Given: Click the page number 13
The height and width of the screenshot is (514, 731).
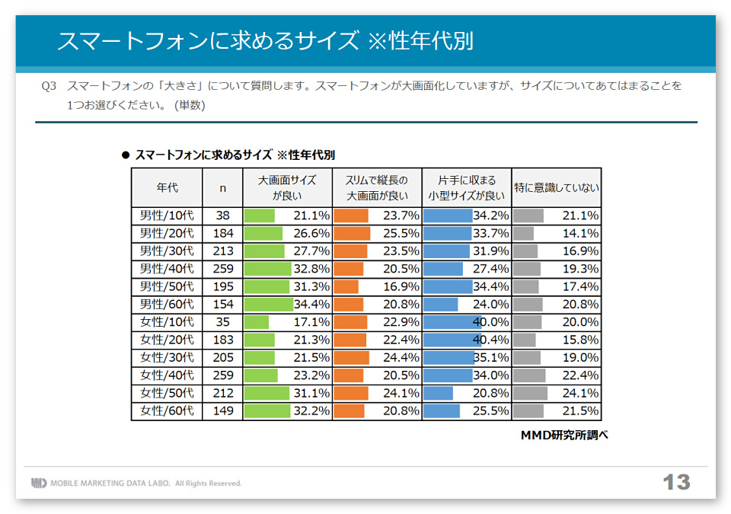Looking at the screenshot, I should point(675,482).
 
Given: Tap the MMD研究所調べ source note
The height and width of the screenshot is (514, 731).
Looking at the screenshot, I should point(564,435).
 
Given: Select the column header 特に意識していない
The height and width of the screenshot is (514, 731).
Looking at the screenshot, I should point(556,187).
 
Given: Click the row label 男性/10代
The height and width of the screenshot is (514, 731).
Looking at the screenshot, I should point(167,215).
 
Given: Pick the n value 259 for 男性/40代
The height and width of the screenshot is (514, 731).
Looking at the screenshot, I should point(222,269).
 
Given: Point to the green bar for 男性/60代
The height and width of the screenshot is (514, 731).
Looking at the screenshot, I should point(268,305).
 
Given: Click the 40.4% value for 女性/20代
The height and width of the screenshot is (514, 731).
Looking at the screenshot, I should point(491,340).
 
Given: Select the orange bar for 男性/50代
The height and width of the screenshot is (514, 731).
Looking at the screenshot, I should point(346,286).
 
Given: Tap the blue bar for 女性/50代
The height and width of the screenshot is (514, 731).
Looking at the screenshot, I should point(438,393).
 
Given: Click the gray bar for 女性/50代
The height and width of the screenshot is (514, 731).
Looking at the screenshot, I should point(530,393).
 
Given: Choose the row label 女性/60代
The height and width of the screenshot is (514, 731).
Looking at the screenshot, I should point(167,411).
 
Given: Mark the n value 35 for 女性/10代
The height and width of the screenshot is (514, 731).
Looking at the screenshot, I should point(222,322).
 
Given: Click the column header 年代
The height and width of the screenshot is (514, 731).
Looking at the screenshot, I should point(167,187).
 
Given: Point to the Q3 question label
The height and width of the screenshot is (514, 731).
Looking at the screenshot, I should point(49,86).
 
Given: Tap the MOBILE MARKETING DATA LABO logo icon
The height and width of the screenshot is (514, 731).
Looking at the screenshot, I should point(38,483).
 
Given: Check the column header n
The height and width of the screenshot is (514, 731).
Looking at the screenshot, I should point(222,187).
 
